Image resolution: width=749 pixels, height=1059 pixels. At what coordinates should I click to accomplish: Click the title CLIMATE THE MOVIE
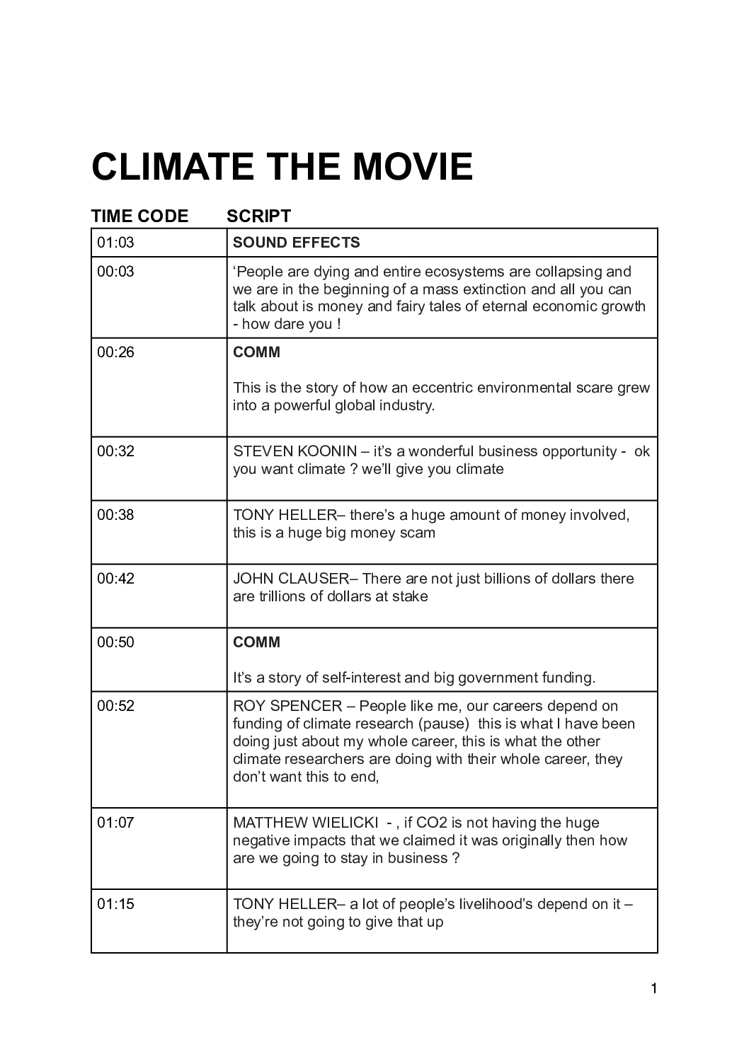(x=282, y=166)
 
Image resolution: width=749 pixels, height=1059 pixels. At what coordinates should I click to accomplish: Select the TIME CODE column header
(x=139, y=216)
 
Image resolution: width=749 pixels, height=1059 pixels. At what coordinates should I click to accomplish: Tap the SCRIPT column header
(x=258, y=216)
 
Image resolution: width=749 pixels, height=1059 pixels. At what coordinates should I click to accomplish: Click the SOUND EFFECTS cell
(x=296, y=243)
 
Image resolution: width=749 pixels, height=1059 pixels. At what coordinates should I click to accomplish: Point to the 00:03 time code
(x=115, y=272)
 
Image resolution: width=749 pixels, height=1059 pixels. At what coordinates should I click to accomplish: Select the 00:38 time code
(x=115, y=515)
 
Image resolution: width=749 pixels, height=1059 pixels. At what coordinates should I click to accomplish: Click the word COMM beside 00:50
(x=256, y=642)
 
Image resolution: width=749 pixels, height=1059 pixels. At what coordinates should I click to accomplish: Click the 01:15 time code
(x=115, y=904)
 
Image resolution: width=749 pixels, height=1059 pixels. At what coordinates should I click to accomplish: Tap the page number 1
(x=653, y=989)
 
